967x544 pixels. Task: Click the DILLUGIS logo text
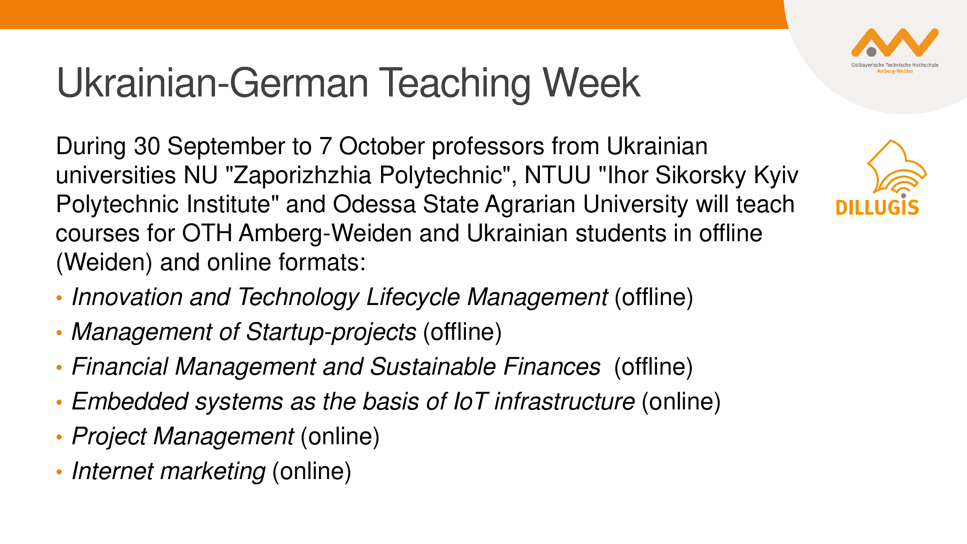tap(877, 207)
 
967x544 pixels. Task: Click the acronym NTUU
tap(557, 175)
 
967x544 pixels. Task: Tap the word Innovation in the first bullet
tap(127, 297)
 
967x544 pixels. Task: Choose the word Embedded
tap(130, 402)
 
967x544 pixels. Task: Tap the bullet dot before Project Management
tap(59, 437)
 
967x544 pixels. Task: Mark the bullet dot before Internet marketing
tap(59, 472)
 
